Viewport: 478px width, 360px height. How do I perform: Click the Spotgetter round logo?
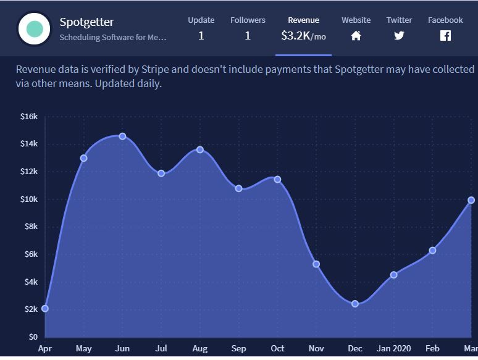[35, 28]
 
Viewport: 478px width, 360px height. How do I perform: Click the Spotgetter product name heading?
[86, 22]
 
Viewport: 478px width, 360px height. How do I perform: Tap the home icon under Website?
[356, 36]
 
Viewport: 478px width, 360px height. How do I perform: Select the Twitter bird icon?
[399, 36]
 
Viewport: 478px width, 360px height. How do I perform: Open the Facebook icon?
[445, 36]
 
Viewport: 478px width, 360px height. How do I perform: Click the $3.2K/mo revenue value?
[303, 36]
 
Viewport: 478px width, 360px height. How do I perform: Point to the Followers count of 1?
[248, 36]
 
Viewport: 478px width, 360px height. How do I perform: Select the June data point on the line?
[122, 136]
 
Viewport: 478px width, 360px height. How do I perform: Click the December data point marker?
[355, 304]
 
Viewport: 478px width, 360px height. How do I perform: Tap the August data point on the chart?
[200, 149]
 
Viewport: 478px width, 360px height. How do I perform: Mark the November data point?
[316, 264]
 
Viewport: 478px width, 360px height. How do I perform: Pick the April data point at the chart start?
[45, 309]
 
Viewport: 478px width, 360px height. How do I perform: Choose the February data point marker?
[432, 250]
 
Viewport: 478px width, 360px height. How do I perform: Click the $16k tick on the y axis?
[29, 116]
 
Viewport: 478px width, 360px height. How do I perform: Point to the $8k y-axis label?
[30, 227]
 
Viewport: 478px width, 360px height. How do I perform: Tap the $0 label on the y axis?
[33, 337]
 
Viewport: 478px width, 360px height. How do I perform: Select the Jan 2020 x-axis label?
[393, 349]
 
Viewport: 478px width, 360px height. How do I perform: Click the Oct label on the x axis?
[277, 349]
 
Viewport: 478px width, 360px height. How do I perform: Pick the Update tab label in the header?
[201, 20]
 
